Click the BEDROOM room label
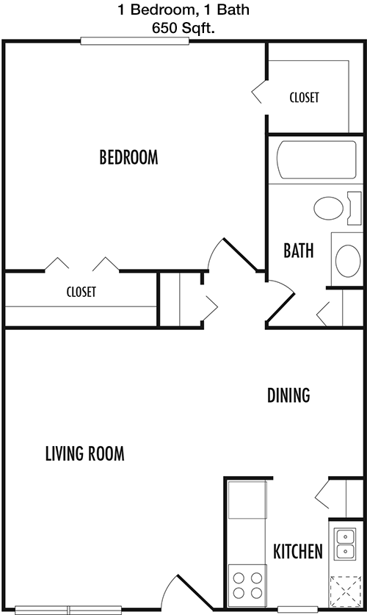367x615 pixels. tap(129, 157)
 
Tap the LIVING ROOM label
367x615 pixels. tap(85, 453)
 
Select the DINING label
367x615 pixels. tap(288, 395)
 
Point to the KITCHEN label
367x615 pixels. tap(298, 552)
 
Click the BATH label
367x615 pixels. tap(299, 251)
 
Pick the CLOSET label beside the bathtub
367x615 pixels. tap(305, 97)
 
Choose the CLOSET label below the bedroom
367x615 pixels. tap(81, 292)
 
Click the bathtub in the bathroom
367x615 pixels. tap(316, 159)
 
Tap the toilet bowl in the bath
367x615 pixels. tap(329, 208)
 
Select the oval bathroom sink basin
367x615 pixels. tap(348, 260)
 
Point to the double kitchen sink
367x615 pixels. tap(345, 544)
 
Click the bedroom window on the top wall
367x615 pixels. tap(135, 41)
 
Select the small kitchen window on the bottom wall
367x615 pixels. tap(292, 610)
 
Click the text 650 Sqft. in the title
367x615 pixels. tap(183, 29)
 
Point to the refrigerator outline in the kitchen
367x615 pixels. tap(247, 500)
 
